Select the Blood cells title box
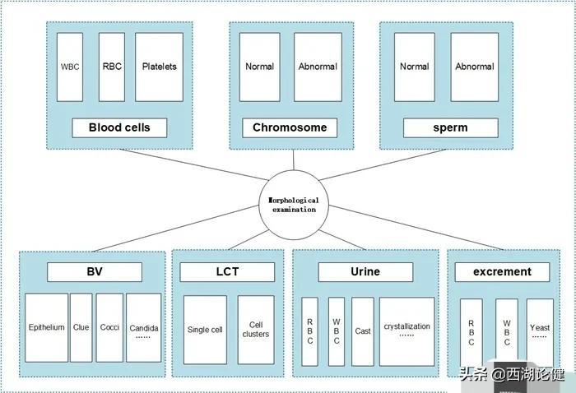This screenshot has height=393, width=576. (x=119, y=127)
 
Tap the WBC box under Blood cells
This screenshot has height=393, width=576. (x=70, y=67)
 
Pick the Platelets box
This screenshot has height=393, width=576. (x=159, y=67)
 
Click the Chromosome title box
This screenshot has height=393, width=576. (x=290, y=127)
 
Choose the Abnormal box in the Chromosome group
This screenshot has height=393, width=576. (x=318, y=67)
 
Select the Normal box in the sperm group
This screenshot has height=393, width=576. (x=414, y=67)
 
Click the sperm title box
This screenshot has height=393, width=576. (x=450, y=127)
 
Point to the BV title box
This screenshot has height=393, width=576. (x=94, y=272)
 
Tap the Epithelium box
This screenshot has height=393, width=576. (x=46, y=327)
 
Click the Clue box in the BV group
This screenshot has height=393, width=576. (x=81, y=327)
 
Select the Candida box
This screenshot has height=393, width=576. (x=144, y=327)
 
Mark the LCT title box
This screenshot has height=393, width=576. (x=227, y=272)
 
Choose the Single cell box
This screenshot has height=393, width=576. (x=205, y=330)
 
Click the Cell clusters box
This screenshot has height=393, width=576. (x=256, y=330)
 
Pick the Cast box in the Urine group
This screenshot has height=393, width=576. (x=363, y=331)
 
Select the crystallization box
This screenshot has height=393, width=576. (x=406, y=331)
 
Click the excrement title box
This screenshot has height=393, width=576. (x=502, y=272)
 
